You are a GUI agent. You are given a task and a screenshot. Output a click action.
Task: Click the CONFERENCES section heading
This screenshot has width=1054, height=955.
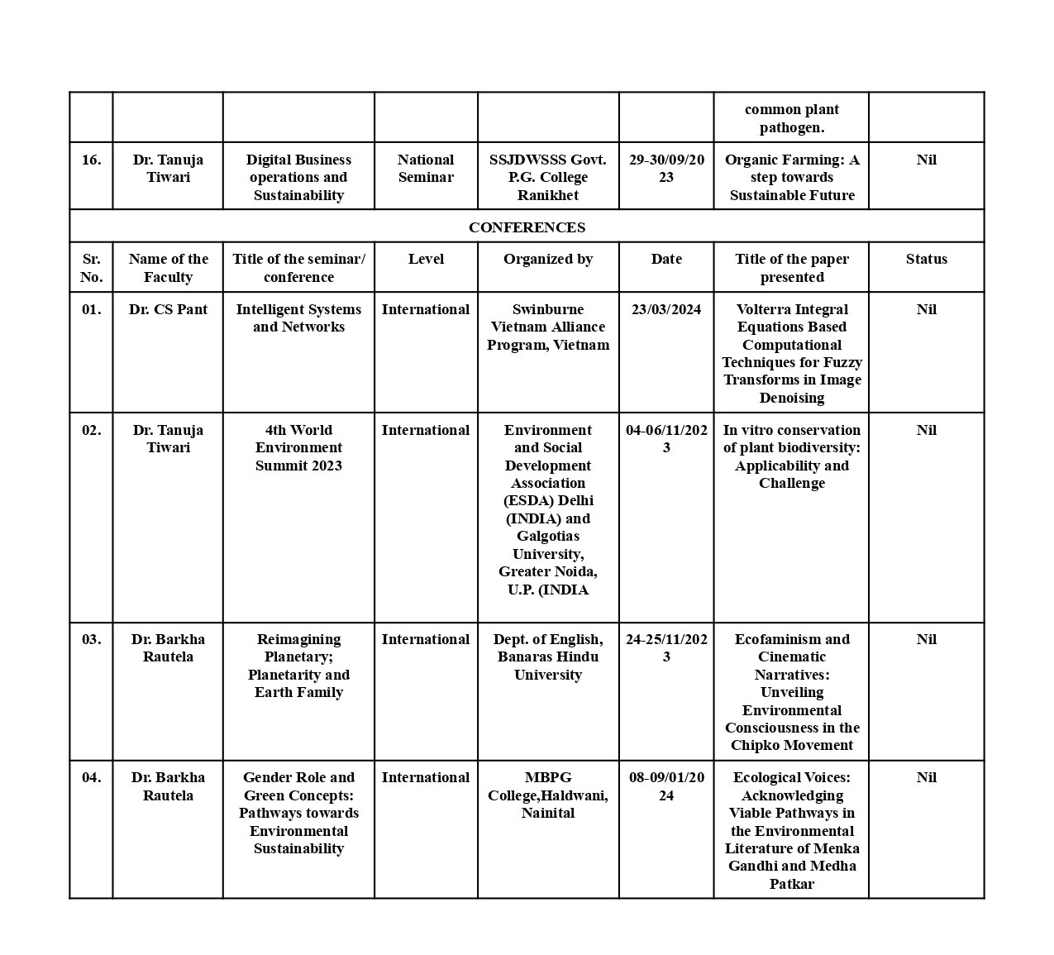pyautogui.click(x=527, y=227)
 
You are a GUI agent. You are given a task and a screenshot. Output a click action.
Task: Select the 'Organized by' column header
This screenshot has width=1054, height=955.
pyautogui.click(x=548, y=259)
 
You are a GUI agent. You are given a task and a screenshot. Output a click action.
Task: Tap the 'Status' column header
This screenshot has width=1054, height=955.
pyautogui.click(x=926, y=259)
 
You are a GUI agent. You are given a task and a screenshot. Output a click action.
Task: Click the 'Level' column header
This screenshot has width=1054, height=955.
pyautogui.click(x=426, y=259)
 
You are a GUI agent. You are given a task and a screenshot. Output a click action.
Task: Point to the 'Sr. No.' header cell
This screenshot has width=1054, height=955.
pyautogui.click(x=91, y=268)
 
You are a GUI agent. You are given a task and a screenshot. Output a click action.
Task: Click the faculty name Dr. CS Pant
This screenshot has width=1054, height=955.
pyautogui.click(x=168, y=309)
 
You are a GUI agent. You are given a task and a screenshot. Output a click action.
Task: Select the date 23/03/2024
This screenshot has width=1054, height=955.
pyautogui.click(x=666, y=309)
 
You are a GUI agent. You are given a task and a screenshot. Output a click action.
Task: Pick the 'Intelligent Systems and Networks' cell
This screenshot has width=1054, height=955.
pyautogui.click(x=298, y=318)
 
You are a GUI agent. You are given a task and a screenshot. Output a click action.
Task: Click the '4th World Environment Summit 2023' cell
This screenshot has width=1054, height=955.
pyautogui.click(x=298, y=447)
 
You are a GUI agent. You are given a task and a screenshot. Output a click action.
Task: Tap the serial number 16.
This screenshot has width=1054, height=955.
pyautogui.click(x=91, y=160)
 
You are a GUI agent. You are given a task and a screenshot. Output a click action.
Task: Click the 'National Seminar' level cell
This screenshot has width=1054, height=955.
pyautogui.click(x=426, y=169)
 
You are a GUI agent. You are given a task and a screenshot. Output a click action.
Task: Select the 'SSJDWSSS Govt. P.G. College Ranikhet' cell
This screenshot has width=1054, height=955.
pyautogui.click(x=548, y=177)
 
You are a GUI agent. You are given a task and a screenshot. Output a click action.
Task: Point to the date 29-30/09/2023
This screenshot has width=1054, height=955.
pyautogui.click(x=666, y=169)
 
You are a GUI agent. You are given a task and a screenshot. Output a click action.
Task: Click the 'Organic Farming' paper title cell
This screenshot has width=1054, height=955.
pyautogui.click(x=792, y=177)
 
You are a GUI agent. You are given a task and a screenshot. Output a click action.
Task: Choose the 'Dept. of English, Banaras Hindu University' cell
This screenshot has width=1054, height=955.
pyautogui.click(x=548, y=657)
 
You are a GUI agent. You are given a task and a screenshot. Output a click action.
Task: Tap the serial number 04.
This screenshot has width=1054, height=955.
pyautogui.click(x=91, y=777)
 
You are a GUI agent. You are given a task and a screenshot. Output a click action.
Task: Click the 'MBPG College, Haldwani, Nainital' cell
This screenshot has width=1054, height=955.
pyautogui.click(x=548, y=795)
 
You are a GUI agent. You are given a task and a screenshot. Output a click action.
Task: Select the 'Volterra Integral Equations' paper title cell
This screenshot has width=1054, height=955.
pyautogui.click(x=792, y=353)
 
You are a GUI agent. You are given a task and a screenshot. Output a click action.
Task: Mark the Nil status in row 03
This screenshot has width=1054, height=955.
pyautogui.click(x=926, y=639)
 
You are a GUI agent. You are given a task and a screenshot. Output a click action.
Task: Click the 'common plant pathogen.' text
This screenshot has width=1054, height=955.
pyautogui.click(x=792, y=118)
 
